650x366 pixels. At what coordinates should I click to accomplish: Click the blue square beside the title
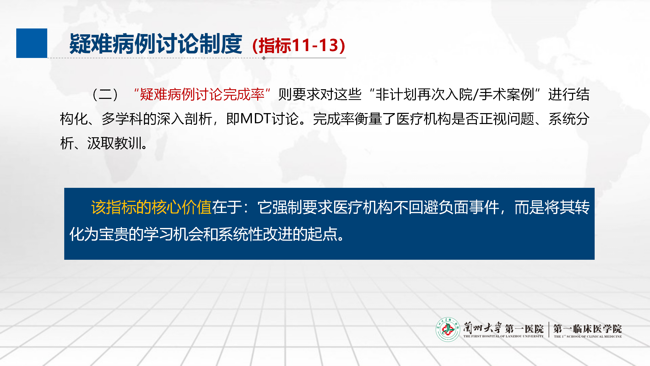pos(32,43)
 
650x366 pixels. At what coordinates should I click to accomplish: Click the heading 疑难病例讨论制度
pos(156,44)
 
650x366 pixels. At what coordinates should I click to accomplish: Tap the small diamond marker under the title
pos(264,58)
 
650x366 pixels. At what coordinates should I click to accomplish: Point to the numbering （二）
pos(105,95)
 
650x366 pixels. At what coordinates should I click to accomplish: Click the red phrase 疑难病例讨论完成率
pos(202,95)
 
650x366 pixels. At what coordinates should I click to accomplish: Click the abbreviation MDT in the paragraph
pos(256,119)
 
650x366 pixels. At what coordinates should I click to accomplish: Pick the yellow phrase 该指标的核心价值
pos(151,207)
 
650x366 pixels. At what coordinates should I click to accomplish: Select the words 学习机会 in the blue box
pos(173,234)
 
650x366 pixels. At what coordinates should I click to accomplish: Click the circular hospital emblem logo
pos(448,329)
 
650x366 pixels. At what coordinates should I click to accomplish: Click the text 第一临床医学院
pos(588,329)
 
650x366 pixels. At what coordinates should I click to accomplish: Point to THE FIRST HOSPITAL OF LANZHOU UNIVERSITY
pos(503,336)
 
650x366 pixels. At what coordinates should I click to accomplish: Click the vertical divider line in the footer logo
pos(549,330)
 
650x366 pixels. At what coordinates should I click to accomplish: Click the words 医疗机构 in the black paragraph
pos(424,119)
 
